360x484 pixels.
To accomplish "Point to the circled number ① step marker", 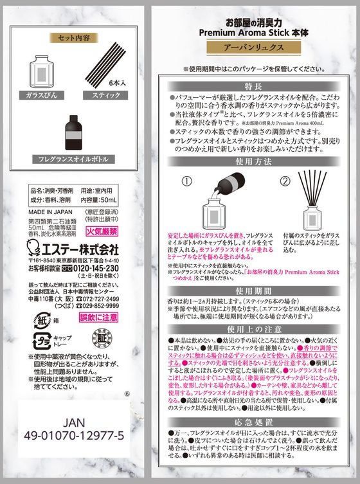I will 184,181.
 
